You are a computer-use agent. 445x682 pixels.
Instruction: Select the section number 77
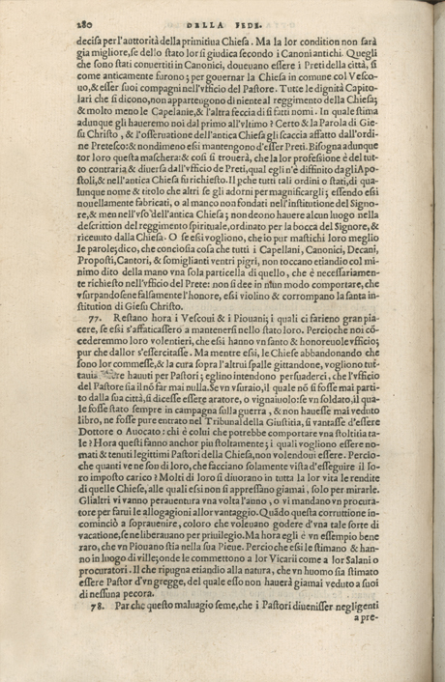pos(94,316)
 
